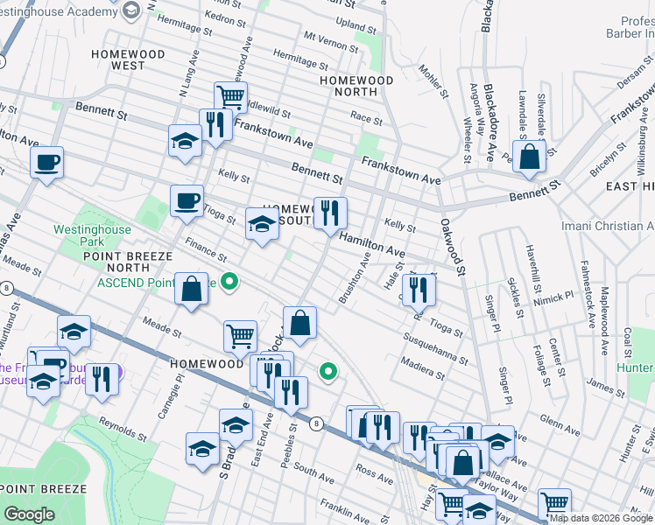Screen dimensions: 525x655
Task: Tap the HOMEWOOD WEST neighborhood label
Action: click(128, 59)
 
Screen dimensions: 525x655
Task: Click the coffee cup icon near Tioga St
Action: click(187, 201)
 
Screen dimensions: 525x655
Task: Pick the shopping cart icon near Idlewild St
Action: click(230, 97)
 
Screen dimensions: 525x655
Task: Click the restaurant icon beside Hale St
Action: click(419, 288)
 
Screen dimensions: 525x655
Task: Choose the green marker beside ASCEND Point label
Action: click(229, 282)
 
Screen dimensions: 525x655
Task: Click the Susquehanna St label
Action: click(434, 348)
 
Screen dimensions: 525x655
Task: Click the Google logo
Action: click(29, 514)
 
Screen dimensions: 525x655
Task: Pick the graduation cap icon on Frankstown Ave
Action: click(185, 141)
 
